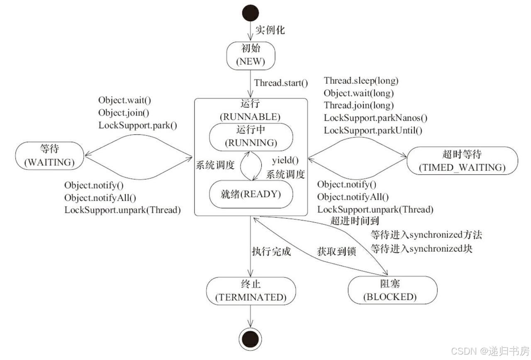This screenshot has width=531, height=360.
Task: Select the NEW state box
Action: (251, 56)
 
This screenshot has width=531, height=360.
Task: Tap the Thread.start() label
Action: (281, 83)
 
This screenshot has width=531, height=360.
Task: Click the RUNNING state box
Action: (251, 137)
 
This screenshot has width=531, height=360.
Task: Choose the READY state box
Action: (251, 194)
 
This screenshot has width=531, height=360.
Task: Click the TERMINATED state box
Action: (251, 291)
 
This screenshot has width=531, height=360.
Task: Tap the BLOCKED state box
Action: (392, 290)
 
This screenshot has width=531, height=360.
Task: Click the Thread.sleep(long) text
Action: (361, 80)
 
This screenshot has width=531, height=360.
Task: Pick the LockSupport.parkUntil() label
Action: (373, 130)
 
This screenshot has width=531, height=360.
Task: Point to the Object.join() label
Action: (123, 112)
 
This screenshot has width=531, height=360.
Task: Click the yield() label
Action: (285, 161)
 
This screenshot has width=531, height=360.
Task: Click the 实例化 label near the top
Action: (270, 30)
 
